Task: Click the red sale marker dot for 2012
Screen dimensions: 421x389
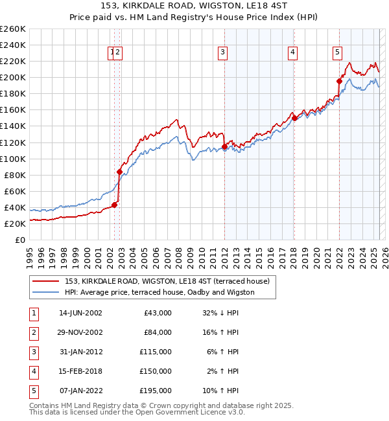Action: (x=224, y=147)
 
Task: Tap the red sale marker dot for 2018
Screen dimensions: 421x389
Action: (x=294, y=118)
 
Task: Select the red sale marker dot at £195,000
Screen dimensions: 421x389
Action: (x=338, y=81)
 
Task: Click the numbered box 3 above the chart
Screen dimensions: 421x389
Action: (x=222, y=53)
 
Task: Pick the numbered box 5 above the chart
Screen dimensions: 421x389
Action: (x=338, y=53)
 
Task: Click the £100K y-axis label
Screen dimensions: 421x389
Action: (x=13, y=159)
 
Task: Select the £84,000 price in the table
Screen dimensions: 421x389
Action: (x=158, y=332)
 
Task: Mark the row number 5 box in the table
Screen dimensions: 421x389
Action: (x=34, y=391)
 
